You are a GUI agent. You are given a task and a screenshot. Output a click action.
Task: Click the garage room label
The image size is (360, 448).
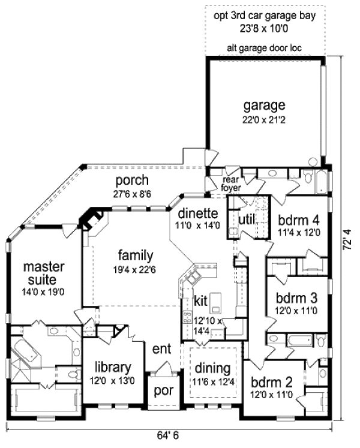264,106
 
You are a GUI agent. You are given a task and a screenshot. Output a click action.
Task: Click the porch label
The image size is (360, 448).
132,181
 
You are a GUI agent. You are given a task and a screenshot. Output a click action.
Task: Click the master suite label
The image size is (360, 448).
40,272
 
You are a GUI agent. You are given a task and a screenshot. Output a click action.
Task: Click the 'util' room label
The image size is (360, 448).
247,220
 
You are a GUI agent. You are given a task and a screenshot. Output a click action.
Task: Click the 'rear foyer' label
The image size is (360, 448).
232,184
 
